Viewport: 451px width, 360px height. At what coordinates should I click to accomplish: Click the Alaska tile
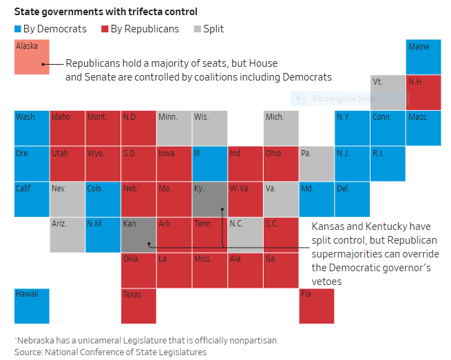pos(32,57)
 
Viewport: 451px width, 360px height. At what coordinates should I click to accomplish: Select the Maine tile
pos(423,57)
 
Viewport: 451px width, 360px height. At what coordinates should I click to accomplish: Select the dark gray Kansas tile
pos(138,235)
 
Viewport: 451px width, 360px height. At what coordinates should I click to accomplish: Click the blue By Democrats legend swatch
pos(17,30)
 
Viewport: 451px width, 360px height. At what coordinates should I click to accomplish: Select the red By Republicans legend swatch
pos(105,30)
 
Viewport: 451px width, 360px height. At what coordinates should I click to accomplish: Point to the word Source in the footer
pos(28,352)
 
